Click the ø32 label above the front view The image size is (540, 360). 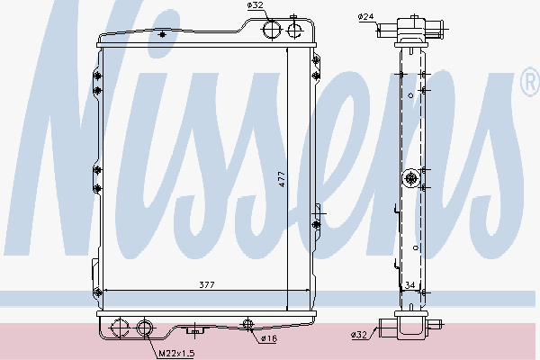(256, 5)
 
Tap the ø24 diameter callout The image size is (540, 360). (365, 16)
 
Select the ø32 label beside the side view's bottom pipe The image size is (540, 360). (359, 335)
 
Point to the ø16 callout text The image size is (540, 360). (268, 338)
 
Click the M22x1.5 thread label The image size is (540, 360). (176, 353)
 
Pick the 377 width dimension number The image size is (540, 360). (207, 285)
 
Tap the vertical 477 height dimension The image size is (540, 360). (282, 179)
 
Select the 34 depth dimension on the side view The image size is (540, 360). (409, 285)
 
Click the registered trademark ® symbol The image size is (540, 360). (530, 82)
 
